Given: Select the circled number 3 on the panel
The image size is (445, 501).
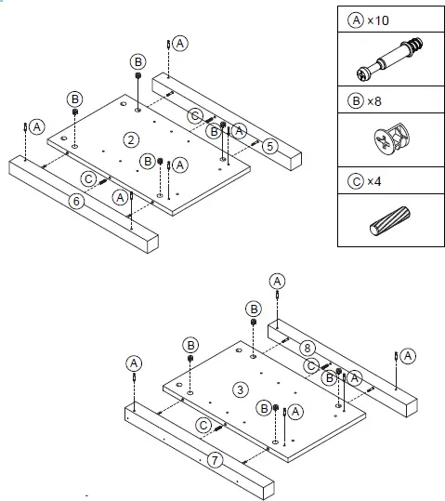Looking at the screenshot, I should coord(240,389).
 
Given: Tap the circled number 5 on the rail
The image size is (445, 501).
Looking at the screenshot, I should coord(268,145).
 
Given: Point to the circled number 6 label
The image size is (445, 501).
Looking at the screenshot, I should coord(76,199).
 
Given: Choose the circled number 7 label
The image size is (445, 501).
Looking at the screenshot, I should coord(214,459).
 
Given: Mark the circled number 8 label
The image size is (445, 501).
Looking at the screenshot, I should coord(308,349).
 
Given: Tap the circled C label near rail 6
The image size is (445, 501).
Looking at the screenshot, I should coord(87,178).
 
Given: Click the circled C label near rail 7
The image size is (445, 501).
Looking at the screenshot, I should coord(203,426).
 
